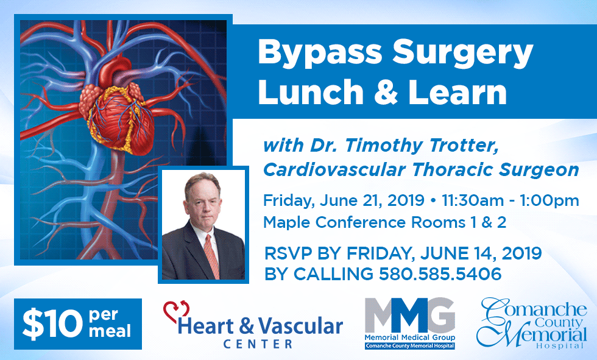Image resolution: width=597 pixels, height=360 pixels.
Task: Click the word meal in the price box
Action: click(x=109, y=332)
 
